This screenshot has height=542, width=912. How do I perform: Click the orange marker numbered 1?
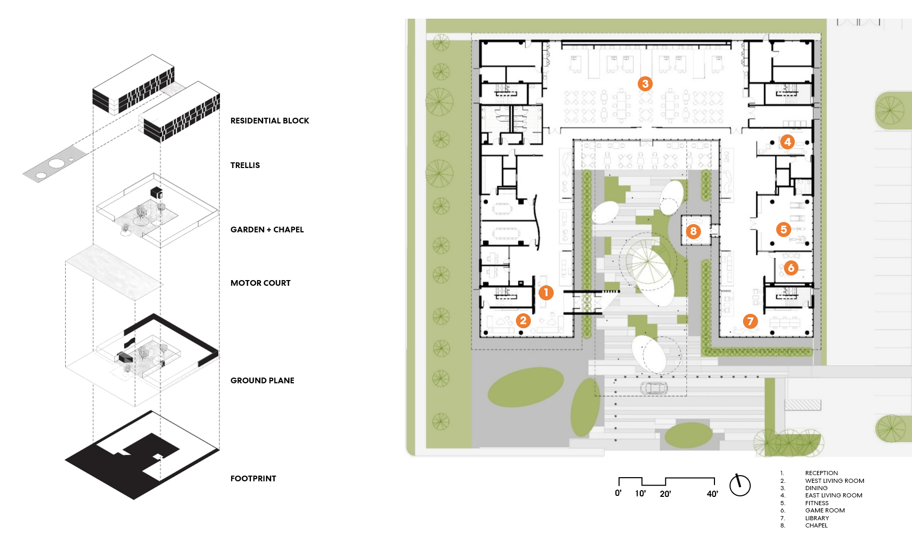(x=546, y=293)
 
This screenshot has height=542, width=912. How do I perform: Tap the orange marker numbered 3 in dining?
(x=645, y=84)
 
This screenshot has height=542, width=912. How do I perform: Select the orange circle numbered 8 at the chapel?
(x=693, y=231)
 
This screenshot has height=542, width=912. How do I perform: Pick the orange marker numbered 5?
(x=783, y=229)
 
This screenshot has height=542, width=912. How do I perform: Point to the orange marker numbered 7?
(x=750, y=322)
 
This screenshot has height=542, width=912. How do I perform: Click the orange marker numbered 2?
(x=523, y=321)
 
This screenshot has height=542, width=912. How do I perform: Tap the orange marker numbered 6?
(x=791, y=268)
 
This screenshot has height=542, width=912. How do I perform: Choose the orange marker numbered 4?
(x=788, y=142)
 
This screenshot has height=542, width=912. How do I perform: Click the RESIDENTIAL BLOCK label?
(x=270, y=121)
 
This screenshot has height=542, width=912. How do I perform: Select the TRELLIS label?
(x=245, y=165)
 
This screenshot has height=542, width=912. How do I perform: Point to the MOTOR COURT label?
(x=260, y=283)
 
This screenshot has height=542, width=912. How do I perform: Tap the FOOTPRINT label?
(x=253, y=479)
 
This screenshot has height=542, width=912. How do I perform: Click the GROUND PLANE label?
(x=262, y=381)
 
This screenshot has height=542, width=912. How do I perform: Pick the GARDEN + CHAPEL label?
(x=267, y=230)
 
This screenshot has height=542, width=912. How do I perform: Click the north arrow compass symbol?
(x=740, y=485)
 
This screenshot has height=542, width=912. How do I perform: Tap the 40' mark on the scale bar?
(x=712, y=494)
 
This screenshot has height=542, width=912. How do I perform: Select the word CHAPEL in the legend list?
(x=816, y=525)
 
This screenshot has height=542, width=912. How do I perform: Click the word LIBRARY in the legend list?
(x=817, y=518)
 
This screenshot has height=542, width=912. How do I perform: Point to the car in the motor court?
(x=654, y=388)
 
